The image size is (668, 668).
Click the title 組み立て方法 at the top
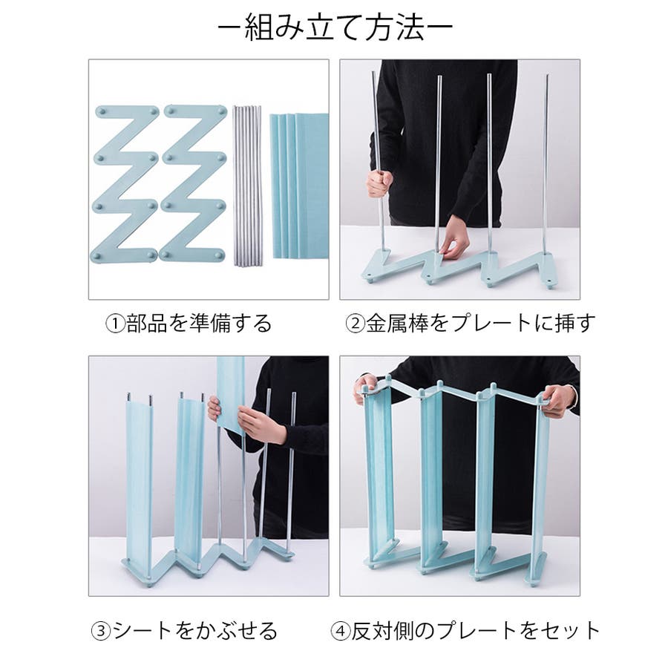tap(335, 28)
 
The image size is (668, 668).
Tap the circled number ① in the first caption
tap(116, 324)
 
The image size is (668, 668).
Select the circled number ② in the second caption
tap(356, 324)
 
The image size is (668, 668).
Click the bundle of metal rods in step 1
tap(247, 186)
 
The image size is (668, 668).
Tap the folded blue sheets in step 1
tap(300, 186)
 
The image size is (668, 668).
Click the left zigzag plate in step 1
tap(124, 183)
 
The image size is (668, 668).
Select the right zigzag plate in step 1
tap(193, 183)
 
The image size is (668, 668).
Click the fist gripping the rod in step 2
tap(379, 183)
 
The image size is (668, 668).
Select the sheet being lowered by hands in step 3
tap(231, 393)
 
